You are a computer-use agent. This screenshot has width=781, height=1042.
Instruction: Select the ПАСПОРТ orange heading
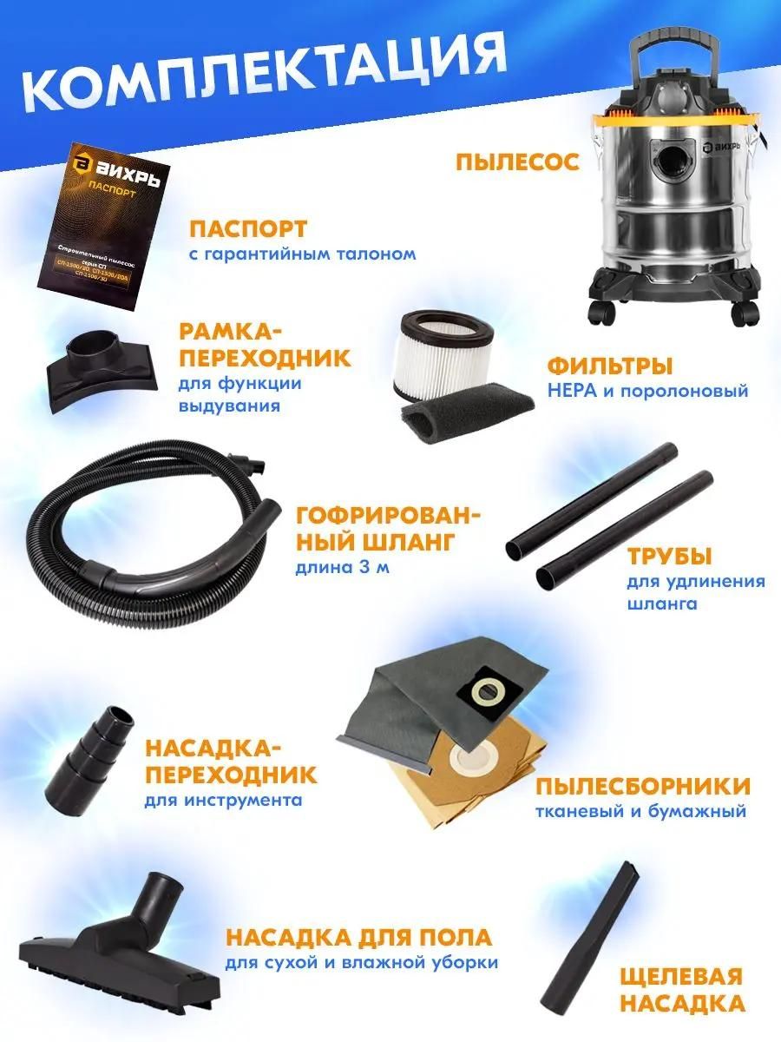pos(248,229)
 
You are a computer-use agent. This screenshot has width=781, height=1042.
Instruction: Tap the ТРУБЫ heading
pos(670,557)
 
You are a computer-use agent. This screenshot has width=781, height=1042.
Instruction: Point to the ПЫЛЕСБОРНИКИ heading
pos(642,786)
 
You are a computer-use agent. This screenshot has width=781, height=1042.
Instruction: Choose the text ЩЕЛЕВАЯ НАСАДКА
pos(682,990)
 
